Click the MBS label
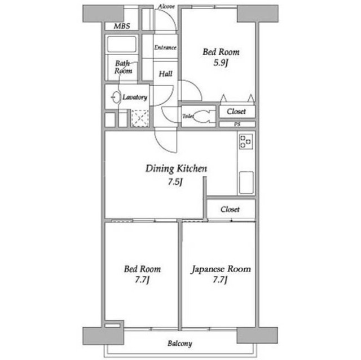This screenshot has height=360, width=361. click(122, 26)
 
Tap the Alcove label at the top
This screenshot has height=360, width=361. click(166, 6)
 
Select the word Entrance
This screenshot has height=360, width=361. click(165, 47)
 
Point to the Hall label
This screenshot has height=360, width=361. click(165, 74)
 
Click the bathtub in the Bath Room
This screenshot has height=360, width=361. click(122, 44)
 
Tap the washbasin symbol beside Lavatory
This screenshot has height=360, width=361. click(116, 97)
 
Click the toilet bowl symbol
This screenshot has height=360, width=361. click(202, 116)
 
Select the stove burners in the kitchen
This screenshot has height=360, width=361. click(246, 141)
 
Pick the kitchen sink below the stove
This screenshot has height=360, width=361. click(246, 183)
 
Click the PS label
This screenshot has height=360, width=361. click(237, 124)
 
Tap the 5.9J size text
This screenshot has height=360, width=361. click(221, 63)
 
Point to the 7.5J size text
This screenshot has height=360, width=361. click(175, 182)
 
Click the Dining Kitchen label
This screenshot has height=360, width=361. click(177, 169)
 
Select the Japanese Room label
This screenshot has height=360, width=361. click(221, 269)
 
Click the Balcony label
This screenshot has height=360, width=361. click(180, 344)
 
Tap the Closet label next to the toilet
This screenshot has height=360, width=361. click(236, 112)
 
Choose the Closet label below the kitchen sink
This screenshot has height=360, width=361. click(230, 209)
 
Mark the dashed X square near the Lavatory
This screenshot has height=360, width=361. click(140, 118)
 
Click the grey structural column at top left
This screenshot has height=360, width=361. click(103, 14)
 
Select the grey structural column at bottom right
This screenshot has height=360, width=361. click(257, 335)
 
